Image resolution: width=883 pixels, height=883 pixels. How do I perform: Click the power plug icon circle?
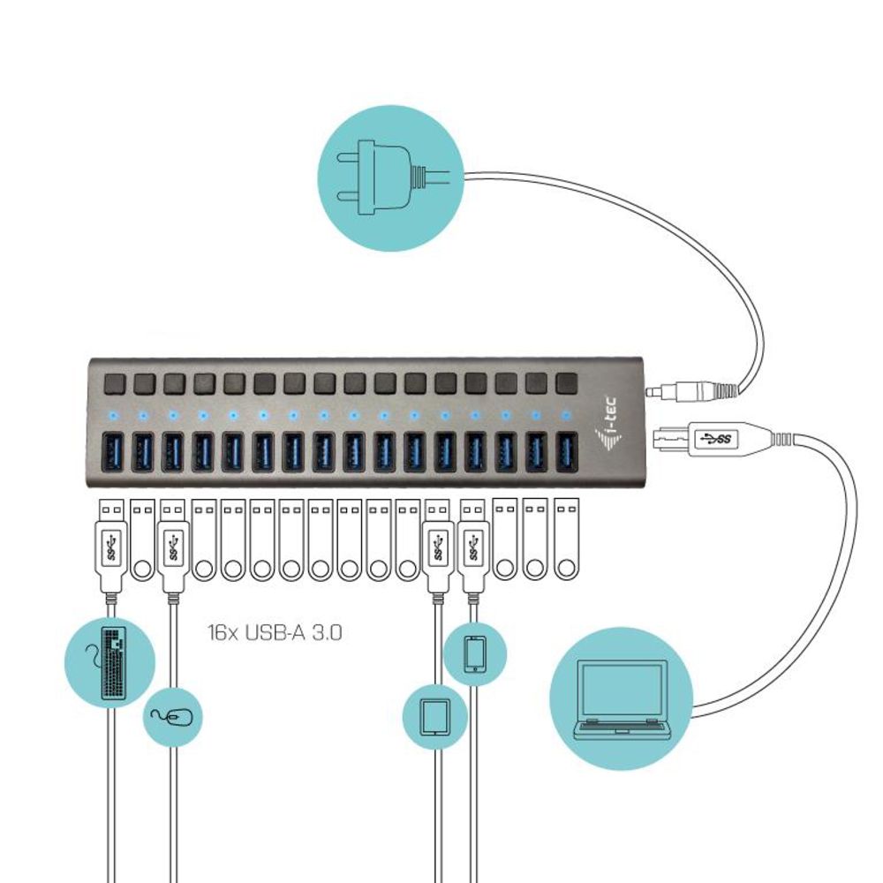point(389,179)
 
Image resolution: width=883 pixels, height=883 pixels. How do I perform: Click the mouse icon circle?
point(173,717)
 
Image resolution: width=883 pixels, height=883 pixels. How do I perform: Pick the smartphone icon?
point(474,653)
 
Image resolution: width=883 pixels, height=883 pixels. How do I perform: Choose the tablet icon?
point(434,717)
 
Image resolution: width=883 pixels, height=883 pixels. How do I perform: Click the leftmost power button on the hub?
point(114,383)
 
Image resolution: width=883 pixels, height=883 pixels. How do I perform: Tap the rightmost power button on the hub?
point(566,382)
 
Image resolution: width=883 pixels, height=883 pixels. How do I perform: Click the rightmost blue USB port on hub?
point(566,450)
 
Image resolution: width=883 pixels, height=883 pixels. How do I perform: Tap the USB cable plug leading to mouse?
point(172,546)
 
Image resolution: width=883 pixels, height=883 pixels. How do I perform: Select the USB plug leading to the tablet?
point(437,546)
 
